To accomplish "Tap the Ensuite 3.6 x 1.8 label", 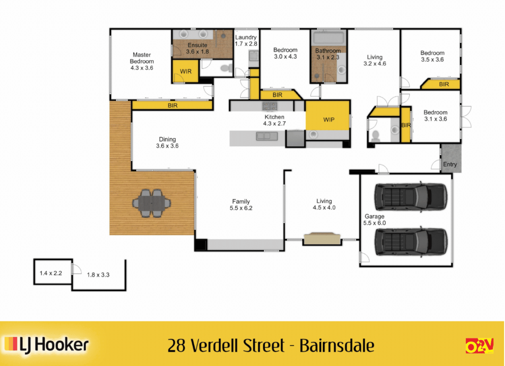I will (x=197, y=48).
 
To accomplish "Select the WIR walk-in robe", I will (x=185, y=72).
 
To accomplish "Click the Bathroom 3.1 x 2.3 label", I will (x=328, y=54).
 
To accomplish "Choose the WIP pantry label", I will (x=329, y=120).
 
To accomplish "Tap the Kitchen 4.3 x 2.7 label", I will (x=275, y=120).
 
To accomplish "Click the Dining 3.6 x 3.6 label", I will (x=167, y=143).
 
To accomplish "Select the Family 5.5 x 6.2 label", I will (x=241, y=205).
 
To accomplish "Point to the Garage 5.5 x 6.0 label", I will (x=374, y=220).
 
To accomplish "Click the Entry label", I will (x=450, y=164).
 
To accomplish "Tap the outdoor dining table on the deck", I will (x=151, y=203).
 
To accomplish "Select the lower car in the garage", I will (x=410, y=241).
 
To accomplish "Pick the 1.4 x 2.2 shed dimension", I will (x=51, y=273).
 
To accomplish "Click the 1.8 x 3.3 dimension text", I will (x=98, y=275).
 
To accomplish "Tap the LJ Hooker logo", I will (x=47, y=345).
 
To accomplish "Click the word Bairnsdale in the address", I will (x=337, y=346).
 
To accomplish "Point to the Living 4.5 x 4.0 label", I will (x=324, y=204).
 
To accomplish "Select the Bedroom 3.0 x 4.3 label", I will (x=285, y=53).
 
